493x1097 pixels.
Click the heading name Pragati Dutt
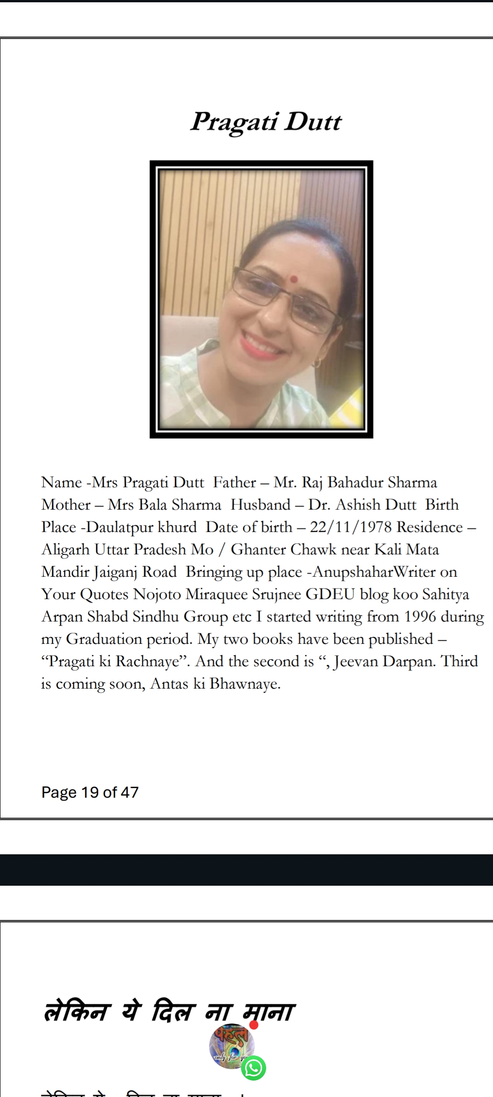pos(266,122)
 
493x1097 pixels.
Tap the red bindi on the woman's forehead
pos(294,279)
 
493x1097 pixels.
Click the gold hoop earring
pos(317,363)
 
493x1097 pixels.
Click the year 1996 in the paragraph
pos(420,616)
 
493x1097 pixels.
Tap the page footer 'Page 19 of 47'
pos(90,792)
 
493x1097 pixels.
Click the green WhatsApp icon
pos(253,1068)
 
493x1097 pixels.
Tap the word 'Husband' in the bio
pos(260,505)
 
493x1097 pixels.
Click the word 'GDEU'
pos(330,594)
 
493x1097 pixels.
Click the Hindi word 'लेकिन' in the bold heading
pos(75,1012)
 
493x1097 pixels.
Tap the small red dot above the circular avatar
pos(254,1025)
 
